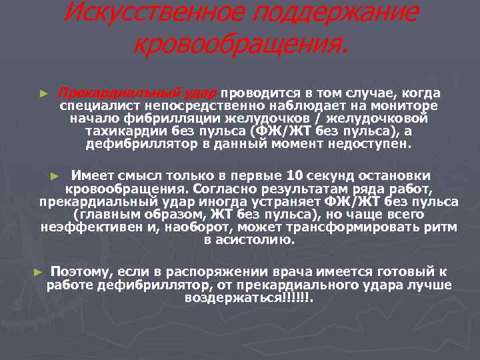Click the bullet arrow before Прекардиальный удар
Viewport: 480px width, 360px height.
click(44, 93)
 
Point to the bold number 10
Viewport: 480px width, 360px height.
click(294, 175)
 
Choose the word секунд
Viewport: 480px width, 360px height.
click(329, 175)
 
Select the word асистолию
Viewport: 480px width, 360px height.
click(256, 239)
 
